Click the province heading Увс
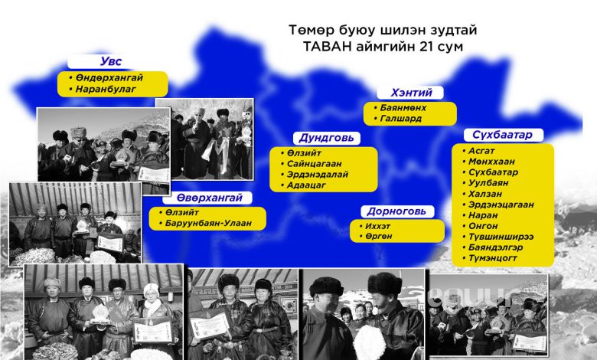(111, 61)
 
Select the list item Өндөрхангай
(109, 77)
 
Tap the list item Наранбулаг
(106, 89)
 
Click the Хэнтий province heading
(411, 93)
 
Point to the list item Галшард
(400, 119)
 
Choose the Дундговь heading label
(326, 138)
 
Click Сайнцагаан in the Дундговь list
(314, 164)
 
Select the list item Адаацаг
(306, 185)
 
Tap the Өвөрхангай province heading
(210, 198)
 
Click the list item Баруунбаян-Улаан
(208, 223)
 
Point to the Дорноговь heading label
(396, 211)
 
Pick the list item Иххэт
(377, 226)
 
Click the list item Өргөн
(378, 236)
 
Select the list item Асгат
(481, 150)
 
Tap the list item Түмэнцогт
(493, 258)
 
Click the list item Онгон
(483, 226)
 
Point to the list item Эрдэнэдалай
(318, 175)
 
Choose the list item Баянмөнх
(403, 108)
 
